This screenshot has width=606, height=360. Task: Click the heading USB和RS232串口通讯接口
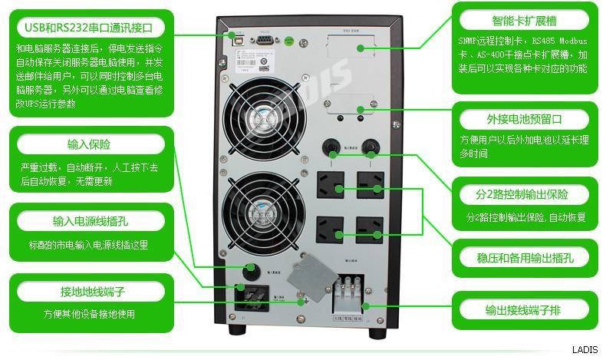(89, 28)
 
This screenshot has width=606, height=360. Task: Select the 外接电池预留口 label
(525, 120)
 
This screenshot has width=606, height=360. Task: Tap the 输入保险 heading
(89, 144)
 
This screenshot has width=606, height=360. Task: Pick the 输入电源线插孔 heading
(89, 222)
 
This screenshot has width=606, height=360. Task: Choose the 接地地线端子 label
(89, 292)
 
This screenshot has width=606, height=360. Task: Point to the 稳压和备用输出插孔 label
(525, 257)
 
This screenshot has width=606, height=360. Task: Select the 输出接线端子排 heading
(525, 309)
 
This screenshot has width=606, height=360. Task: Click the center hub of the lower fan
(259, 210)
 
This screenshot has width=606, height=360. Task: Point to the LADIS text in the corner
(584, 348)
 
